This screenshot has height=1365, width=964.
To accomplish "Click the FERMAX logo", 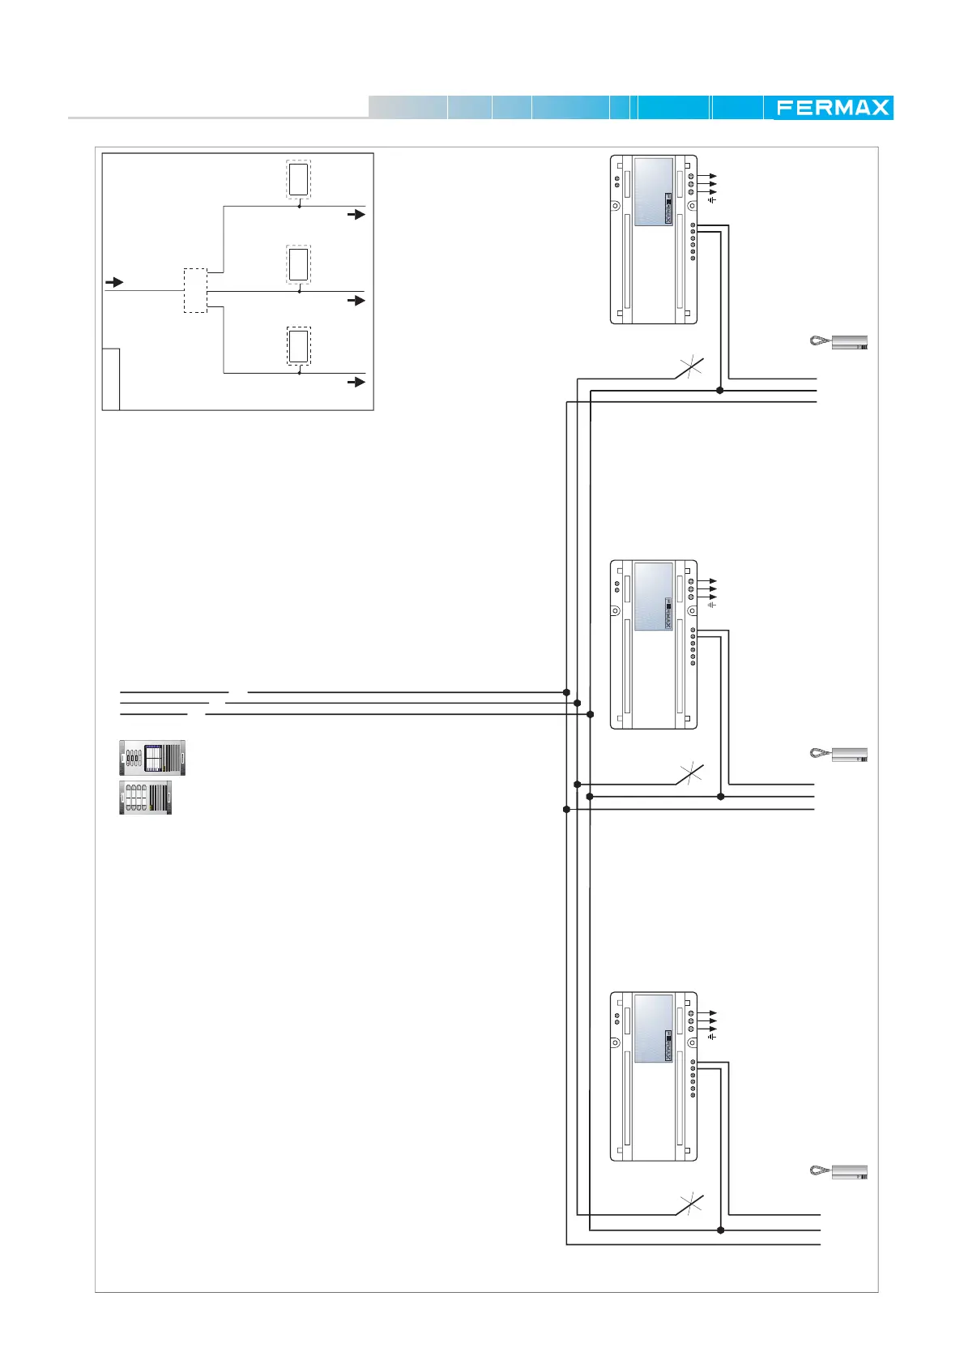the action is (x=833, y=108).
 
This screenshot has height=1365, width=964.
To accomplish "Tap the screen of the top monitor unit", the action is (x=653, y=191).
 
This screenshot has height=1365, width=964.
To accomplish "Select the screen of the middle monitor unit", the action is (x=653, y=597).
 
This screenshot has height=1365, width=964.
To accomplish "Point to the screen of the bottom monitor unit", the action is (x=653, y=1029).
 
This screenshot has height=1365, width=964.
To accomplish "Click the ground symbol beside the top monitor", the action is (x=712, y=199).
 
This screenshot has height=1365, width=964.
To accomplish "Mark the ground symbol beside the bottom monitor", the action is (x=712, y=1036).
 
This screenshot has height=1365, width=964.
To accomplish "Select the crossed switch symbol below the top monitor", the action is (x=689, y=369).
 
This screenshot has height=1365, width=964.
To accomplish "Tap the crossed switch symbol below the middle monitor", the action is (x=689, y=775).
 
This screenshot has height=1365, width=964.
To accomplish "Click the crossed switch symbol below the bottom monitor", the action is (x=689, y=1205).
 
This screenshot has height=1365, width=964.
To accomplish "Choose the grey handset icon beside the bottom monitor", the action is (x=839, y=1171).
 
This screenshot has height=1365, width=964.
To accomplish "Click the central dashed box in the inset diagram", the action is (x=195, y=290).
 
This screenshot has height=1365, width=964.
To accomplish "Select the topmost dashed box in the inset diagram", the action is (x=298, y=179).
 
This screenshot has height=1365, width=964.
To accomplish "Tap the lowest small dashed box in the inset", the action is (x=298, y=347).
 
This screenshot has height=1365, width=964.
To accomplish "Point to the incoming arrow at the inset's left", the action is (x=115, y=282).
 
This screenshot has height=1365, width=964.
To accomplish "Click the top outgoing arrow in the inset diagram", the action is (x=356, y=215).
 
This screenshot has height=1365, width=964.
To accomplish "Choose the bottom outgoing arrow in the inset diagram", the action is (x=356, y=382).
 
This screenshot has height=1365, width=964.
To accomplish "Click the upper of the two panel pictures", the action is (x=152, y=758).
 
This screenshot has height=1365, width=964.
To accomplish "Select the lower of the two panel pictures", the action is (x=146, y=798).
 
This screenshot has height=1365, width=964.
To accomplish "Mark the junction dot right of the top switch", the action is (x=719, y=391).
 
